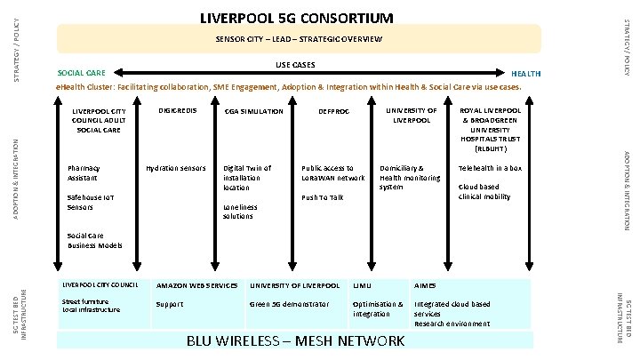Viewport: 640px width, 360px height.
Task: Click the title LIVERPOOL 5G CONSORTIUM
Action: pos(295,17)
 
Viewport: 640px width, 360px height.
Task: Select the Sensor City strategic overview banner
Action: pos(299,40)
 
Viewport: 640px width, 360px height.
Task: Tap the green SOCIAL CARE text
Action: pos(81,72)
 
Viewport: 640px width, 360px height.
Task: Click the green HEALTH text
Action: pos(524,73)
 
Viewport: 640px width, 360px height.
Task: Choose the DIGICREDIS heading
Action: pos(176,111)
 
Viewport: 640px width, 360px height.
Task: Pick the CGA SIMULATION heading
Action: pos(253,112)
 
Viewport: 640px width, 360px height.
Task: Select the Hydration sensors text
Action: pos(176,168)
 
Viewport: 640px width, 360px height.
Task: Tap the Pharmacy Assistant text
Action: pos(84,172)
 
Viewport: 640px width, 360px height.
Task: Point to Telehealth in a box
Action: pos(490,168)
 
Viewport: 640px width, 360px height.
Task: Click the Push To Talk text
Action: pos(322,197)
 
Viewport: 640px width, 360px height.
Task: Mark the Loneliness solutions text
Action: pos(240,212)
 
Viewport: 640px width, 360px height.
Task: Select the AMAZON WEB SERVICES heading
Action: pos(196,285)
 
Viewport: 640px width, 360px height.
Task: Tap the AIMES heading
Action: pos(426,285)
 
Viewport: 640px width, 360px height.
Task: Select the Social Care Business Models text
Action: pos(94,240)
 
